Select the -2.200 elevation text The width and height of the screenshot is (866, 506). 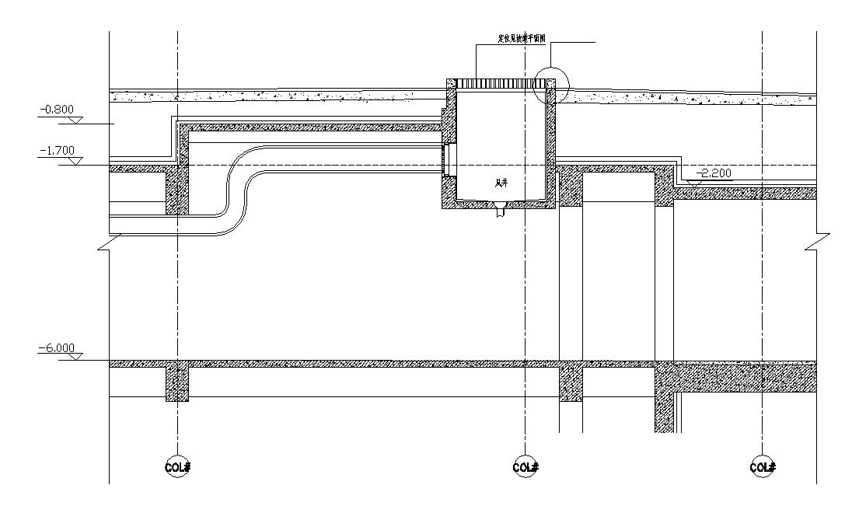[715, 173]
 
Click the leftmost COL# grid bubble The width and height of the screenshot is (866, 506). [178, 467]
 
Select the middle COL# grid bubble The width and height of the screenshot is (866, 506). [526, 467]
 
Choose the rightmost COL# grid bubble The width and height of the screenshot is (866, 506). [762, 467]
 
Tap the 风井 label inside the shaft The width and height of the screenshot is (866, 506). [502, 184]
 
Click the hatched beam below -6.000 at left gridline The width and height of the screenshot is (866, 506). [177, 383]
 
